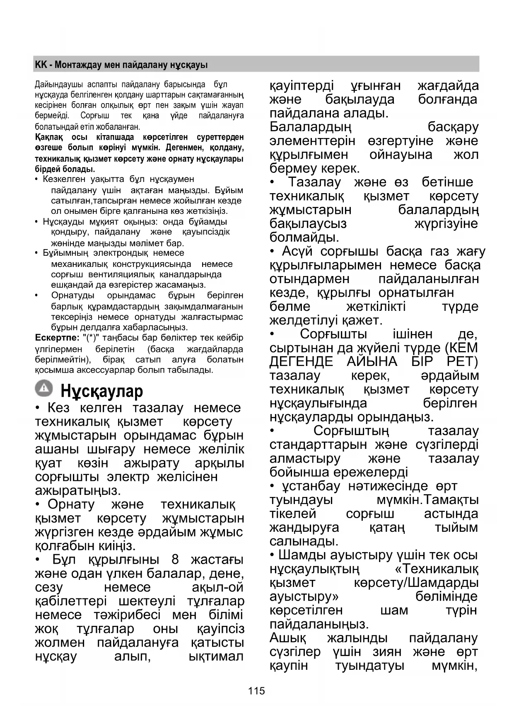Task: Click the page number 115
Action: [256, 691]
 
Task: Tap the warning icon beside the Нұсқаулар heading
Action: [43, 388]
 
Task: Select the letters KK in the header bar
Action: [41, 65]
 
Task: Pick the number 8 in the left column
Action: [175, 560]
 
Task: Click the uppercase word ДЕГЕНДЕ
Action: [301, 361]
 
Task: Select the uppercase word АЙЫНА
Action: [372, 361]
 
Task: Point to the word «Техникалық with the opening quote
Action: [437, 569]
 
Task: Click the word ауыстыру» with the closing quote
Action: [304, 596]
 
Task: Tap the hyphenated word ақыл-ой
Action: [217, 587]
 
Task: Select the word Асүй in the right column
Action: [297, 251]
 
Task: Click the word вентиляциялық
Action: [120, 274]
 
